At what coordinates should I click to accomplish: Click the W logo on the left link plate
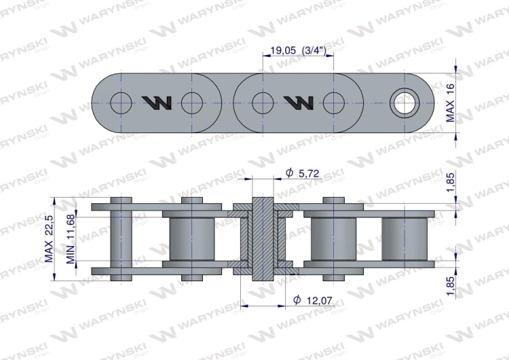coord(157,103)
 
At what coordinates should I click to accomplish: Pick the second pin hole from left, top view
coord(192,103)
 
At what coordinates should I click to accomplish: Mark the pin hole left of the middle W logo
coord(262,103)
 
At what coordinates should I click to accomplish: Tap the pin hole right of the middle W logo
coord(333,103)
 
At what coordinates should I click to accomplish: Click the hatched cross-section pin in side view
coord(262,238)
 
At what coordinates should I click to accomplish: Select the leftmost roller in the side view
coord(192,238)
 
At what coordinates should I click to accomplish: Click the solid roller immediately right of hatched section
coord(333,238)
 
